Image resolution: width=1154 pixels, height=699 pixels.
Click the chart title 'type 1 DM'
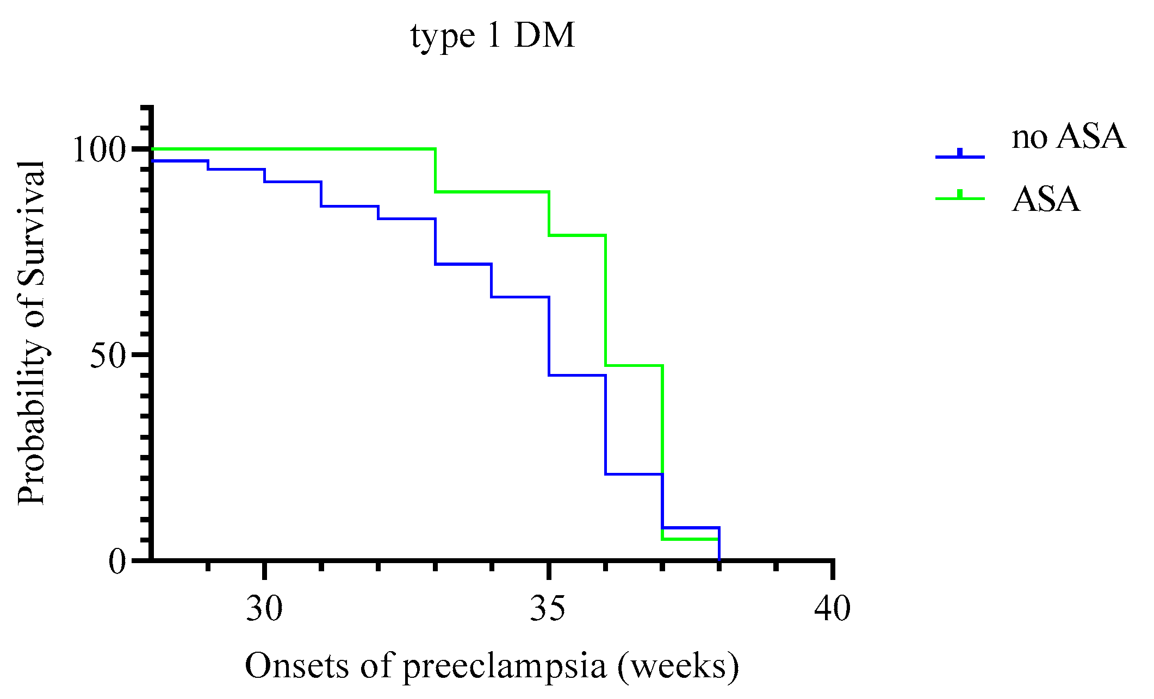(x=492, y=37)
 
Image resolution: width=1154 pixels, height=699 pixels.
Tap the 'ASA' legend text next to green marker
(x=1045, y=199)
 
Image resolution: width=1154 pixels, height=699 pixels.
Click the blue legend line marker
(x=960, y=156)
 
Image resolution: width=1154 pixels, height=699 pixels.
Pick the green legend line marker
(x=960, y=198)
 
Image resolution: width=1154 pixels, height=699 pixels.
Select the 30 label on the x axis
(x=264, y=609)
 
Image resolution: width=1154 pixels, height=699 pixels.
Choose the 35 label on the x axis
(x=549, y=609)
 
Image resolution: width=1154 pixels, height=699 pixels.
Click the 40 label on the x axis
(x=833, y=609)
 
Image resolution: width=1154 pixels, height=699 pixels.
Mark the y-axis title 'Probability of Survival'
(x=31, y=333)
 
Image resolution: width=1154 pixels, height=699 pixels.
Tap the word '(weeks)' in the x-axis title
(x=678, y=666)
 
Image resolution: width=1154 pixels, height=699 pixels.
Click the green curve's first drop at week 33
(x=435, y=170)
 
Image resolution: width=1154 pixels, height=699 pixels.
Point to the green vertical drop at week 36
(x=605, y=300)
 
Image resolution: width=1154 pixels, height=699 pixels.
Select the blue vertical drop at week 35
(x=549, y=336)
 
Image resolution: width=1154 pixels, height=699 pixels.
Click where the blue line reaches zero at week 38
(x=719, y=558)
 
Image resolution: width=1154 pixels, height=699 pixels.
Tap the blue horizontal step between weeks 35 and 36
(x=577, y=375)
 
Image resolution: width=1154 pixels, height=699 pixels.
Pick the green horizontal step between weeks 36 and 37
(x=634, y=365)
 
